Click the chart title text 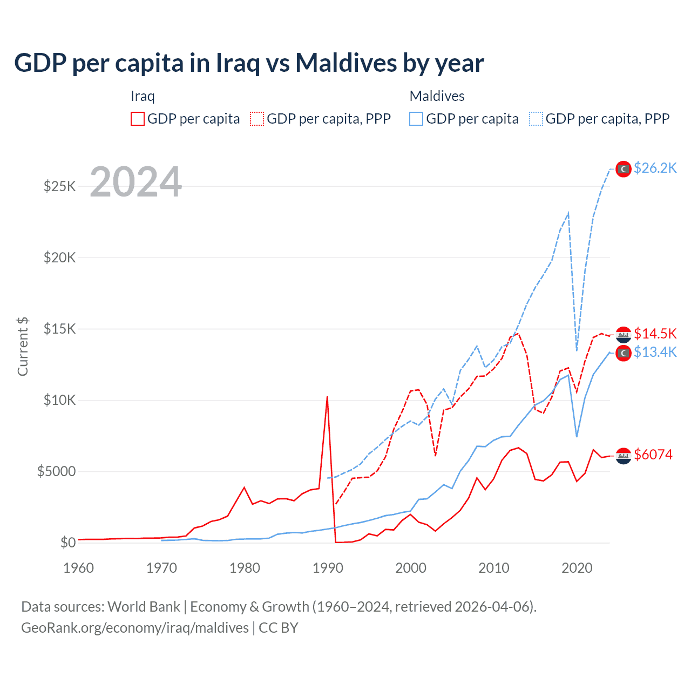pyautogui.click(x=249, y=63)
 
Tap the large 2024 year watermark pyautogui.click(x=136, y=182)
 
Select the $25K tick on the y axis pyautogui.click(x=60, y=187)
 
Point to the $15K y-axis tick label pyautogui.click(x=60, y=329)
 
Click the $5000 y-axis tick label pyautogui.click(x=57, y=471)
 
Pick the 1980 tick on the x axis pyautogui.click(x=245, y=568)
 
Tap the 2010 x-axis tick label pyautogui.click(x=494, y=568)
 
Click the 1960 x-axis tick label pyautogui.click(x=79, y=568)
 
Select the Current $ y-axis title pyautogui.click(x=23, y=347)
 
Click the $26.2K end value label pyautogui.click(x=655, y=168)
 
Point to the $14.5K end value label pyautogui.click(x=655, y=334)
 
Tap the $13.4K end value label pyautogui.click(x=655, y=353)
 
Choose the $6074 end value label pyautogui.click(x=653, y=455)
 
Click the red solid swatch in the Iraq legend pyautogui.click(x=138, y=119)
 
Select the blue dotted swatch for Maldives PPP pyautogui.click(x=536, y=119)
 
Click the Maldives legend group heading pyautogui.click(x=437, y=96)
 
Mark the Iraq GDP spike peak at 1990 pyautogui.click(x=327, y=397)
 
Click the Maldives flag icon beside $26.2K pyautogui.click(x=624, y=169)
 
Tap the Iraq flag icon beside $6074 pyautogui.click(x=624, y=456)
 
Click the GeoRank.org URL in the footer pyautogui.click(x=135, y=628)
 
